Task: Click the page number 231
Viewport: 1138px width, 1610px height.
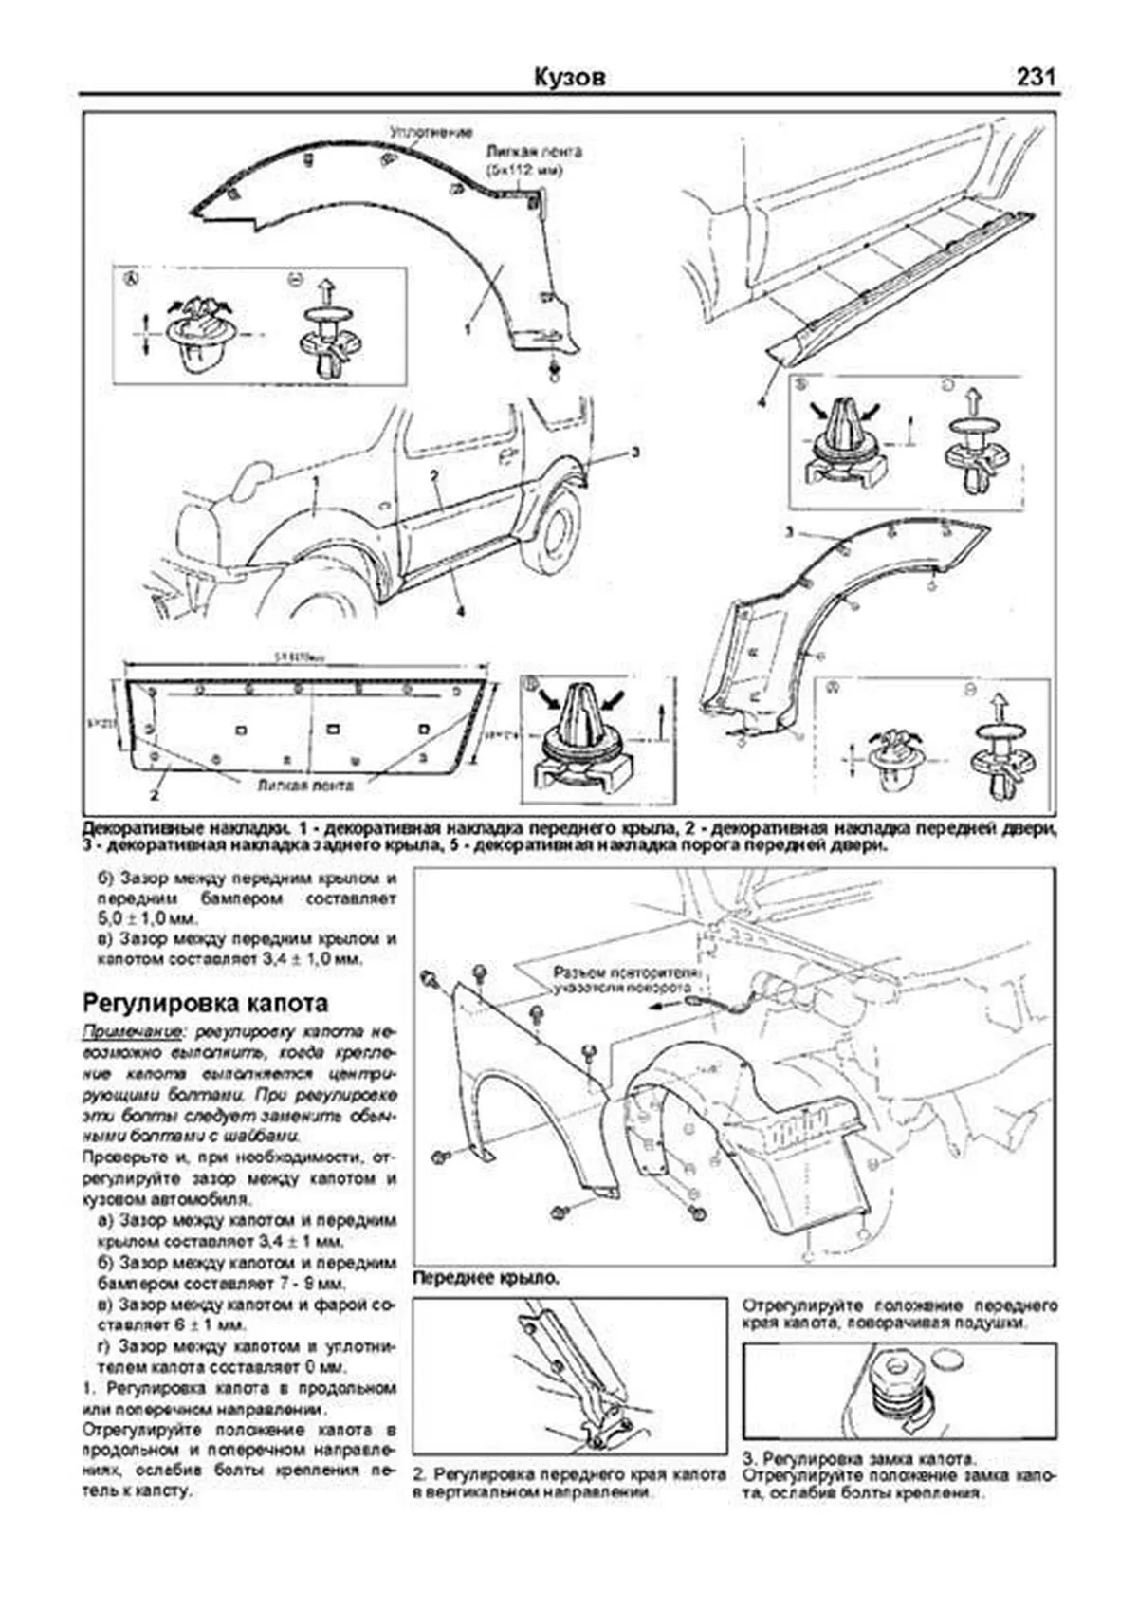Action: point(1036,78)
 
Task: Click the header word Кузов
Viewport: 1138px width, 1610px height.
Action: point(569,78)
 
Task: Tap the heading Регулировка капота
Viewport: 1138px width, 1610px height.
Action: point(206,1003)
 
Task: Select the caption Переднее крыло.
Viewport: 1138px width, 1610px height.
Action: point(486,1279)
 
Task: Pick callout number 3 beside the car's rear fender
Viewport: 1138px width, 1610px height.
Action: point(634,453)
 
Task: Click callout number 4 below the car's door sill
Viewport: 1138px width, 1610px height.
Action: point(459,612)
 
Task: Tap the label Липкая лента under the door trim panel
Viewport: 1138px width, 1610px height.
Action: point(305,786)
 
